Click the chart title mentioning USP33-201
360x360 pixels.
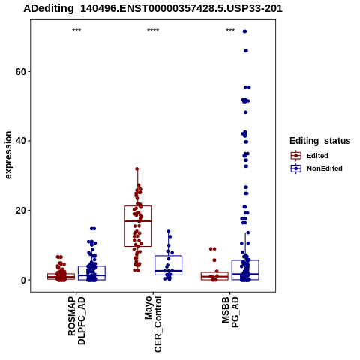(153, 9)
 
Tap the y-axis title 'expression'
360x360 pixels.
(8, 155)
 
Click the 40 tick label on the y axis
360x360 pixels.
(21, 141)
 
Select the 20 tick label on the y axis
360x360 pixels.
(21, 211)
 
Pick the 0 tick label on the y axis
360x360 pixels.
(23, 280)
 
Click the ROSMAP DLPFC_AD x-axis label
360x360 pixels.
(76, 320)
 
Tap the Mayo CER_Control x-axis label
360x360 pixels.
(153, 324)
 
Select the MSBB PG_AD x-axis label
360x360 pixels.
(230, 312)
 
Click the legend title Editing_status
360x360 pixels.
(320, 141)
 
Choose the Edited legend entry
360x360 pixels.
(310, 156)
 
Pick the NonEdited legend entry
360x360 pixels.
(316, 169)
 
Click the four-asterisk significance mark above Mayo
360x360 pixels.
(153, 31)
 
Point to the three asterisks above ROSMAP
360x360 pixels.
(76, 31)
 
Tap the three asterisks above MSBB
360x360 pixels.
(230, 31)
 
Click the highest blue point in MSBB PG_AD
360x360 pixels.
(245, 31)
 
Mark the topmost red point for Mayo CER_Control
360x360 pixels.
(137, 169)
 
